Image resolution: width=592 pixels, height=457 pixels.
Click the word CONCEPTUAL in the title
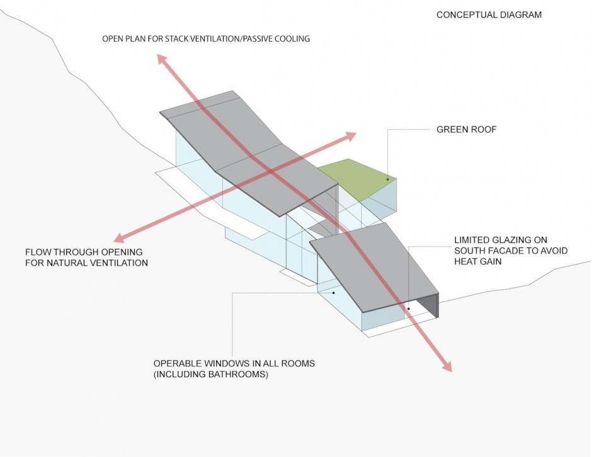[464, 14]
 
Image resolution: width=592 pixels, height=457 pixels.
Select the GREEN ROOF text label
[467, 130]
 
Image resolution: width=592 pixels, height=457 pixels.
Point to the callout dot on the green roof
[387, 179]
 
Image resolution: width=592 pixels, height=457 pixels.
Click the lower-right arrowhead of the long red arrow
[447, 366]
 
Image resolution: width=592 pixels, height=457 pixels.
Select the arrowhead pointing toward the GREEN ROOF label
[350, 136]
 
